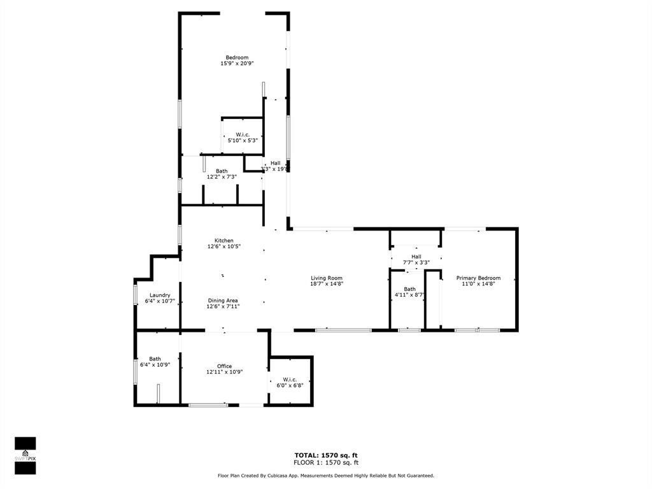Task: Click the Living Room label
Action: pos(327,278)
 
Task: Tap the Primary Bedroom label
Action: pos(478,278)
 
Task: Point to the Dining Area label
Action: pos(223,300)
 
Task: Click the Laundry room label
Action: pos(159,295)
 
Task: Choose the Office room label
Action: pos(224,366)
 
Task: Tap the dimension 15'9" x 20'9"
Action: pos(237,64)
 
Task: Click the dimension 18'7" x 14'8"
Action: pos(327,284)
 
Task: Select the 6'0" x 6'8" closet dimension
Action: pos(290,385)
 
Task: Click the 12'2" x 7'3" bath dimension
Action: pos(221,177)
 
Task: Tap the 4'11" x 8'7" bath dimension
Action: pos(409,295)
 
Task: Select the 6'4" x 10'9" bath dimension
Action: pos(155,365)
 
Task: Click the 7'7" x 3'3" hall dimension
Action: pos(416,262)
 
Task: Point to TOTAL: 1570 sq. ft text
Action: pos(325,455)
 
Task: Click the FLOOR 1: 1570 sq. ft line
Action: pos(325,462)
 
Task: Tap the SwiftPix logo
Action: pos(25,456)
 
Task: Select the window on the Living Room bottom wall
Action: pos(343,330)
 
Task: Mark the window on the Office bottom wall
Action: pos(208,405)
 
